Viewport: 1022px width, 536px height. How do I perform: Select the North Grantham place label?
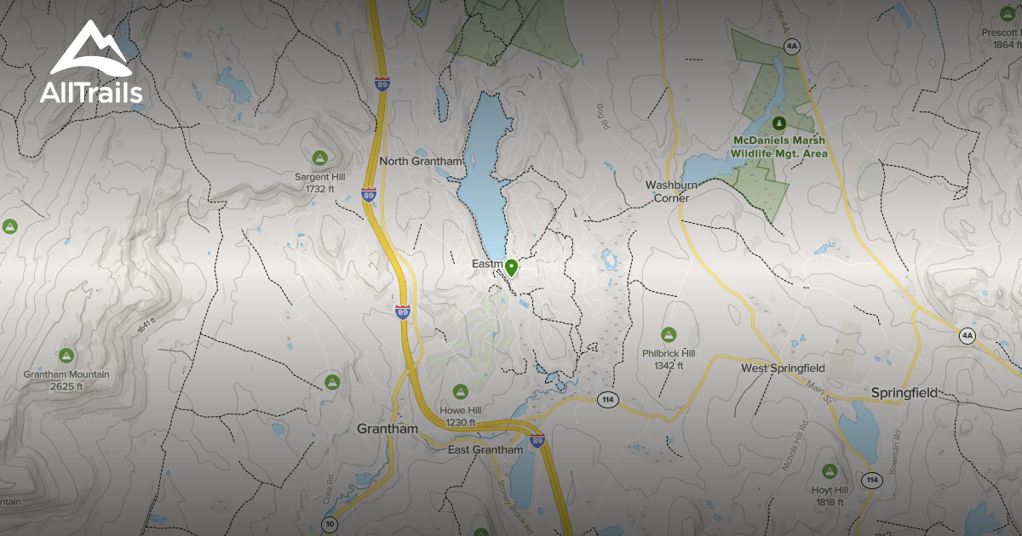(421, 161)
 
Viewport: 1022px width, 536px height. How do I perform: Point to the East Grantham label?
(485, 449)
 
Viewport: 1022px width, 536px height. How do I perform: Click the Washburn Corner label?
(678, 191)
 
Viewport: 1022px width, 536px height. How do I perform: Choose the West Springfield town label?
(783, 368)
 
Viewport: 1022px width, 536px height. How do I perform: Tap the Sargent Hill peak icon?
(319, 157)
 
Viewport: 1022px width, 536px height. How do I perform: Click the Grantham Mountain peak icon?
(66, 355)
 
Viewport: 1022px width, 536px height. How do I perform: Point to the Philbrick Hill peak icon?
(669, 334)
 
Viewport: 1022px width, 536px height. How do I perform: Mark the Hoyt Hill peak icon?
(830, 470)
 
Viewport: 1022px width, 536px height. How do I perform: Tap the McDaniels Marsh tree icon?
(778, 123)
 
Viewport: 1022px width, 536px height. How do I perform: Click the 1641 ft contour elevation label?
(147, 326)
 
